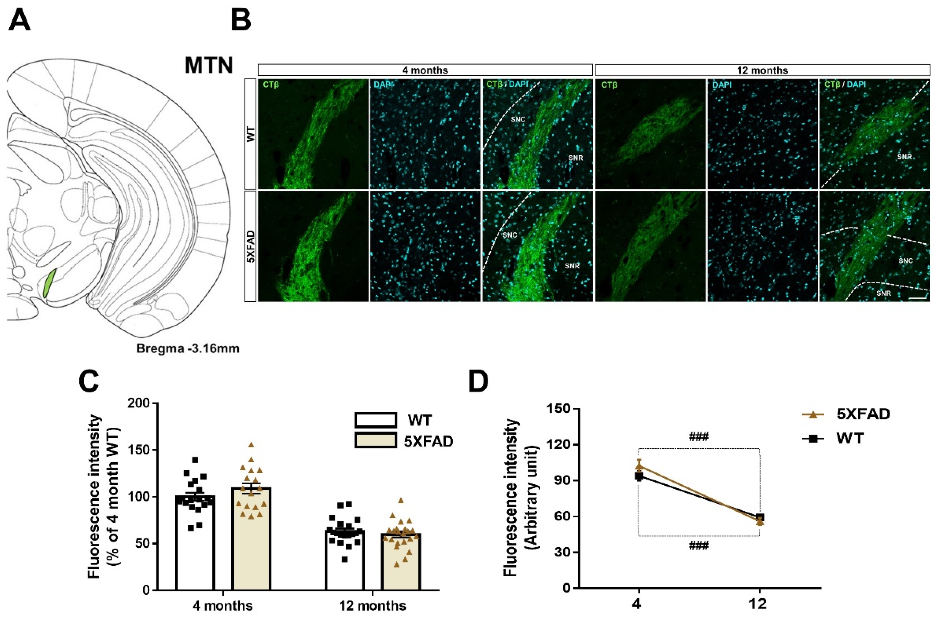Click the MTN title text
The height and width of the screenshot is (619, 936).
pyautogui.click(x=209, y=66)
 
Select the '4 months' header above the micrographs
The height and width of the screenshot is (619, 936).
pyautogui.click(x=425, y=70)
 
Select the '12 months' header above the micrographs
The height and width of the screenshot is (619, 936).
pyautogui.click(x=762, y=70)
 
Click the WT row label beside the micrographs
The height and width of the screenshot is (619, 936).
pyautogui.click(x=250, y=134)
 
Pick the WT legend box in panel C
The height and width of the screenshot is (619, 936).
pyautogui.click(x=375, y=420)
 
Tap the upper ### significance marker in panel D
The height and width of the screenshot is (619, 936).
pyautogui.click(x=699, y=437)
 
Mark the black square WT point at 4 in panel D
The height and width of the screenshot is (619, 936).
pyautogui.click(x=639, y=476)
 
